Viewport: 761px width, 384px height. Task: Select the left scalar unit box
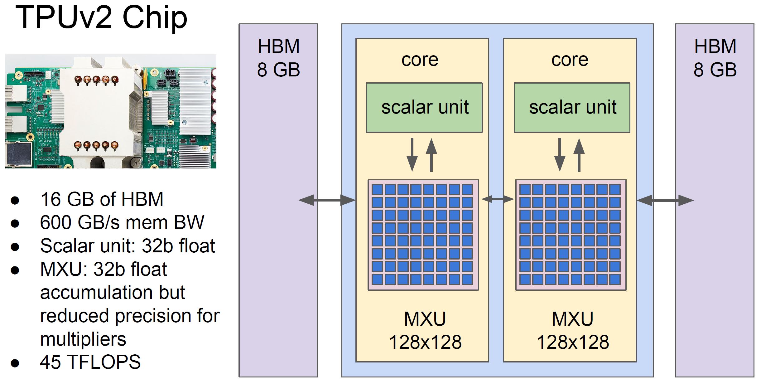424,108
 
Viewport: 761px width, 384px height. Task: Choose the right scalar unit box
572,108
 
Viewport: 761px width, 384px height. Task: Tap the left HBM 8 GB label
278,58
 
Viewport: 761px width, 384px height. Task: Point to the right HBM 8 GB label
715,58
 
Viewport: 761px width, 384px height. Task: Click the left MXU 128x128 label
425,331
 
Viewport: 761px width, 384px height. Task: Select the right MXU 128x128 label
573,331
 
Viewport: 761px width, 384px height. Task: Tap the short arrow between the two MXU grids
498,199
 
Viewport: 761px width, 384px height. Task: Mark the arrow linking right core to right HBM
665,200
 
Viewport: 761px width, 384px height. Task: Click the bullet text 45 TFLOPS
90,362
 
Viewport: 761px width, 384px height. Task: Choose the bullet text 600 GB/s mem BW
122,222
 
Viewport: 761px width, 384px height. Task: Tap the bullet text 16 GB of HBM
102,199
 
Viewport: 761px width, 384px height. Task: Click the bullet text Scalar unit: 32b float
128,246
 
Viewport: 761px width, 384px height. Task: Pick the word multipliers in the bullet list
83,339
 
